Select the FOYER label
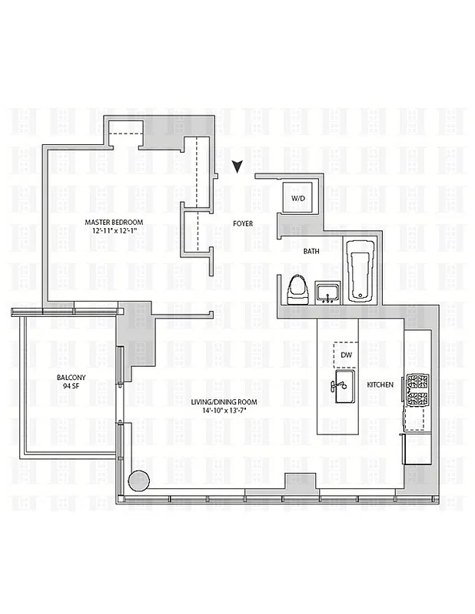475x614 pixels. pos(244,225)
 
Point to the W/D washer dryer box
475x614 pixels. pos(297,199)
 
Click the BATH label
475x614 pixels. pos(311,251)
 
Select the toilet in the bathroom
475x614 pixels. pos(297,290)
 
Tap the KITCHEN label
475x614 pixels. pos(380,385)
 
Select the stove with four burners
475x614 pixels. pos(416,389)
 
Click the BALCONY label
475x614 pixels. pos(71,377)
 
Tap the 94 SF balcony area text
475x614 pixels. pos(71,386)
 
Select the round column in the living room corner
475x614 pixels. pos(138,480)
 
